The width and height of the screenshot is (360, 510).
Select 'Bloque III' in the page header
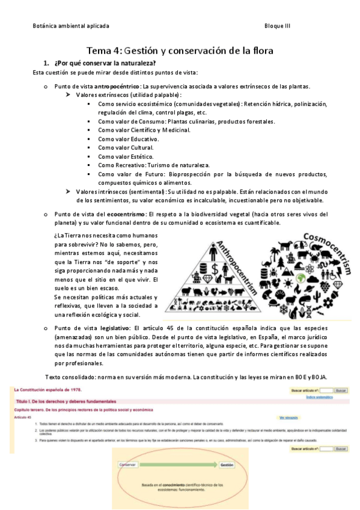tap(277, 26)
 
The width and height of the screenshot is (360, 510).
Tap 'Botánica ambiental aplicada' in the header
tap(71, 26)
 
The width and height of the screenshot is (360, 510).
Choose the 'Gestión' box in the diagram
tap(227, 465)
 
